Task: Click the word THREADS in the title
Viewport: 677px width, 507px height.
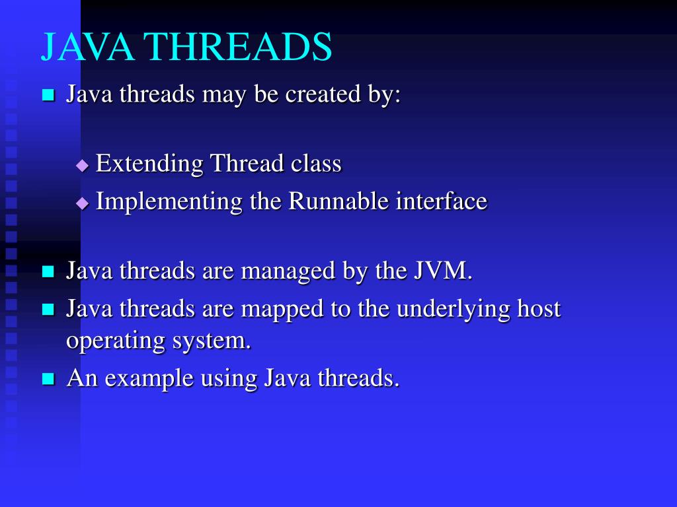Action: point(237,48)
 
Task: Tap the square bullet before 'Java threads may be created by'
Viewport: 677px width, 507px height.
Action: point(48,95)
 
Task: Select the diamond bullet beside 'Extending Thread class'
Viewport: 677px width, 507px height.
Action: point(82,165)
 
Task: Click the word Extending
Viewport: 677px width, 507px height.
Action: point(149,163)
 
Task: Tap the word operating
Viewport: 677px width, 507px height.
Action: point(115,342)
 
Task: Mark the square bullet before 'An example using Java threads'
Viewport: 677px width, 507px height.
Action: point(48,379)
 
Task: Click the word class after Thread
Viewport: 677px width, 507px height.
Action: point(316,163)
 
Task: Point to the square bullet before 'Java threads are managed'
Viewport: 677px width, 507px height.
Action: point(48,271)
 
